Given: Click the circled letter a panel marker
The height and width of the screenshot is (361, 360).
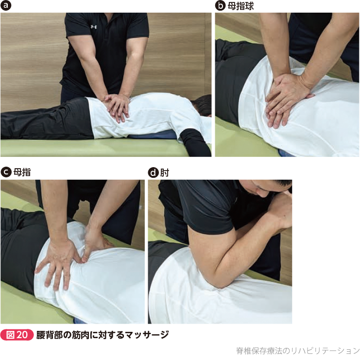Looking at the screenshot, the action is tap(6, 6).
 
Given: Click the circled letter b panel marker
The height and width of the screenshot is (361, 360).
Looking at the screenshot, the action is tap(220, 6).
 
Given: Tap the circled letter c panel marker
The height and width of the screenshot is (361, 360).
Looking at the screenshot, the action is tap(6, 172).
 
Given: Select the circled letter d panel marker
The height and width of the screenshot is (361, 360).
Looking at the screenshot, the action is tap(153, 172).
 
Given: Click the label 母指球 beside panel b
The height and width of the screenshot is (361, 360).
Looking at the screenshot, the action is tap(241, 6).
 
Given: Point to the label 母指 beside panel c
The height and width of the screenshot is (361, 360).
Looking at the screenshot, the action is tap(22, 172).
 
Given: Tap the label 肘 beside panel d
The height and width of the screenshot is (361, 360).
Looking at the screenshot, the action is tap(165, 172).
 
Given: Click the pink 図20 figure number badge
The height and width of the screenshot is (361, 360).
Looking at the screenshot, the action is tap(17, 335).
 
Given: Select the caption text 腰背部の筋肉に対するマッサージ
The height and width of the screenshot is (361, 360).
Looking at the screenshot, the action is tap(103, 335).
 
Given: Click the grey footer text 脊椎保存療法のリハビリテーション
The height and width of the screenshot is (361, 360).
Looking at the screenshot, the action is tap(298, 351).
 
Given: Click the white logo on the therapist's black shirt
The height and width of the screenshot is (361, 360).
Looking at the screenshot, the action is tap(94, 27).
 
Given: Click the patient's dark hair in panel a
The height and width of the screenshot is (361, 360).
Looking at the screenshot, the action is tap(202, 105).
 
